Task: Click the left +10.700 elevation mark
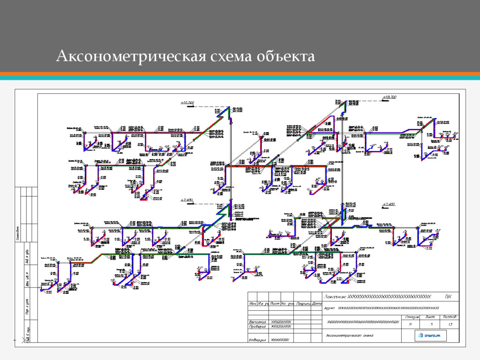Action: click(187, 102)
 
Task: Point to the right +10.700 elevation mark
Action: click(389, 97)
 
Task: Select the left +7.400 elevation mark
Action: click(187, 200)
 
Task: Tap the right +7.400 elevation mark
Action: click(389, 204)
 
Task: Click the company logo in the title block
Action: click(430, 336)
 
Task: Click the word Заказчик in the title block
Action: click(337, 296)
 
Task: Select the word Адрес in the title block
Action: click(330, 308)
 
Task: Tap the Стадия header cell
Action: click(411, 317)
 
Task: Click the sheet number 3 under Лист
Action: click(432, 324)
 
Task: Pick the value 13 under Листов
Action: click(450, 324)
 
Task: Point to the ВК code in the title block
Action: click(448, 296)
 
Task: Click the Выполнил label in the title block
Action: click(257, 322)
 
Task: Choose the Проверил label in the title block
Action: click(257, 327)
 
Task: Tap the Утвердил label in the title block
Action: click(257, 340)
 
